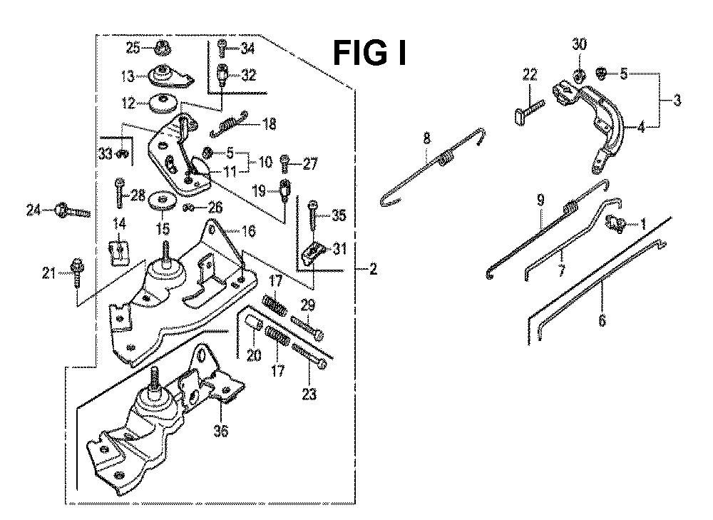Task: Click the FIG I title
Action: coord(370,52)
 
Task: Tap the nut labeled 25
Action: coord(161,49)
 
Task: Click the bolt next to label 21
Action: coord(76,272)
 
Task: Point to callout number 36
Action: coord(221,432)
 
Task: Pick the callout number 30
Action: coord(579,44)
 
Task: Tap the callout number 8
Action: coord(427,136)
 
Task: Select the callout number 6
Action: coord(602,322)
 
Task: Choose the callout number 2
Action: coord(374,270)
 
